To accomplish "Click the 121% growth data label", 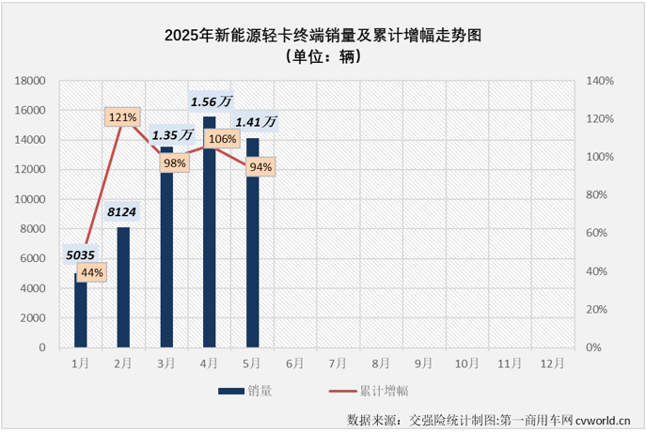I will (123, 117).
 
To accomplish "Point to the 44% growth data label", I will (92, 272).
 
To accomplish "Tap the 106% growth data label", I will (221, 139).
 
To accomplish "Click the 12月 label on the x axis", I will (551, 363).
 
